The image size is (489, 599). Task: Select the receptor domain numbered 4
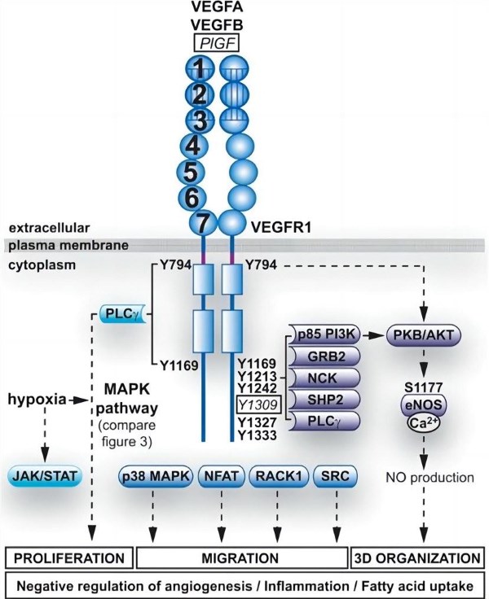coord(192,146)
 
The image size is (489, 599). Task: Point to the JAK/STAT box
coord(46,474)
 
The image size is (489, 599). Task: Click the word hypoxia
coord(37,400)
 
